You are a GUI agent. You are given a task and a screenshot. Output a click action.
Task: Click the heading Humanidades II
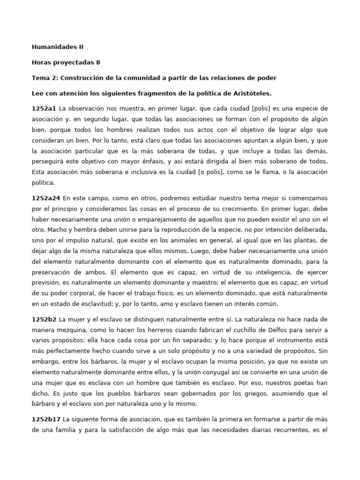tap(58, 47)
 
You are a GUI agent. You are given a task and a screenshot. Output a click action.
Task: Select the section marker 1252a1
tap(44, 108)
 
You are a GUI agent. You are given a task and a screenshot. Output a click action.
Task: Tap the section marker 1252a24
tap(46, 198)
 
